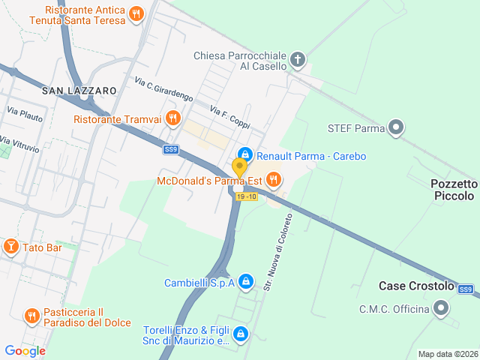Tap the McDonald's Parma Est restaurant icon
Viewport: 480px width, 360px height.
[x=274, y=179]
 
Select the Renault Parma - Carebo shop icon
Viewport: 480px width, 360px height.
[x=244, y=154]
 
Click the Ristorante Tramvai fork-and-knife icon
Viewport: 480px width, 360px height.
[x=173, y=118]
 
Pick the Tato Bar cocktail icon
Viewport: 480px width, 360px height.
[x=11, y=247]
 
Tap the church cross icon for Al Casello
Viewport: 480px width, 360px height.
[x=298, y=59]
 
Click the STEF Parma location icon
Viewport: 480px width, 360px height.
[x=397, y=128]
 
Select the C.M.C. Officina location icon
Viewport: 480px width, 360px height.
[x=442, y=307]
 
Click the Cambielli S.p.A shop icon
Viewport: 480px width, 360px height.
[x=247, y=282]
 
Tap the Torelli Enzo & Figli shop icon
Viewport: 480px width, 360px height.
[x=240, y=334]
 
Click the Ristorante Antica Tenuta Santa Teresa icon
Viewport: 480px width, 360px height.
[x=136, y=13]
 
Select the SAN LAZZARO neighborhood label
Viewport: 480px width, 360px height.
[x=79, y=91]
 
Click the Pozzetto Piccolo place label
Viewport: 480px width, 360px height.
[x=454, y=190]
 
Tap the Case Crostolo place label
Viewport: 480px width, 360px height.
[x=416, y=286]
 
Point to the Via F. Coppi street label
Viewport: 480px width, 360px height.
[x=229, y=116]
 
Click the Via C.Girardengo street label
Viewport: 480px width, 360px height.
[x=164, y=89]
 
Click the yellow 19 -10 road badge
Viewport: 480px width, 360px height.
[x=246, y=196]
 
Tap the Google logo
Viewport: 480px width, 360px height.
[x=25, y=350]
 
